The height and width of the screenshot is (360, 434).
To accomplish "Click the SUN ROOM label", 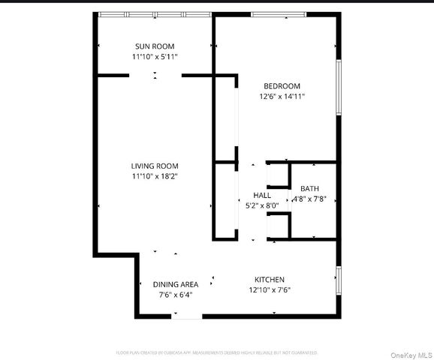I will coord(155,46).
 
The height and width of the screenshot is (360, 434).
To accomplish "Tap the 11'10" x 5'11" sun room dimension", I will coord(155,56).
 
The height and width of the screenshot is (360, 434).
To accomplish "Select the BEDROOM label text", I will coord(282,86).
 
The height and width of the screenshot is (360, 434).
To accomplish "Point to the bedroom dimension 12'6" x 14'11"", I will coord(282,97).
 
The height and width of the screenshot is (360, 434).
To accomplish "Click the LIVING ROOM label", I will coord(155,166).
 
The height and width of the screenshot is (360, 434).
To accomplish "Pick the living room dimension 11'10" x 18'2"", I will coord(155,176).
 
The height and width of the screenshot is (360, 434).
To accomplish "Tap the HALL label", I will coord(262,195).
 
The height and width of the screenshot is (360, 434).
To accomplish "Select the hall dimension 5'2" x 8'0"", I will coord(262,205).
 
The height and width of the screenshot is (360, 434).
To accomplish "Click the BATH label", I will coord(309,188).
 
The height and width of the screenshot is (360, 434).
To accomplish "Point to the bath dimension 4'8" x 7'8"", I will coord(309,199).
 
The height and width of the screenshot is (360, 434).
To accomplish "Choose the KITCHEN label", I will coord(269,280).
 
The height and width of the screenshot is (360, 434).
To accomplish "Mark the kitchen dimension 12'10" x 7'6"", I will coord(269,290).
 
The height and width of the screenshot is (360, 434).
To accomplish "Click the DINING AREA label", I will coord(176,284).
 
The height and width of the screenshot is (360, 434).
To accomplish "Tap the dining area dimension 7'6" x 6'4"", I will coord(176,295).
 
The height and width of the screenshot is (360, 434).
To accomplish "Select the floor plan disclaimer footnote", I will coord(216,352).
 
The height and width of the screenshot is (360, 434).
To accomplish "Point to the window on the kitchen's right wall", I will coord(339,279).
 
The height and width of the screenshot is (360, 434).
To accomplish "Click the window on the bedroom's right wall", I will coord(339,86).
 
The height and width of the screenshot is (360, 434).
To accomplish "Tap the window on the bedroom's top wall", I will coord(277,14).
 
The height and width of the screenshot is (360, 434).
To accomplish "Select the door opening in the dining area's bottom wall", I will coord(188,316).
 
